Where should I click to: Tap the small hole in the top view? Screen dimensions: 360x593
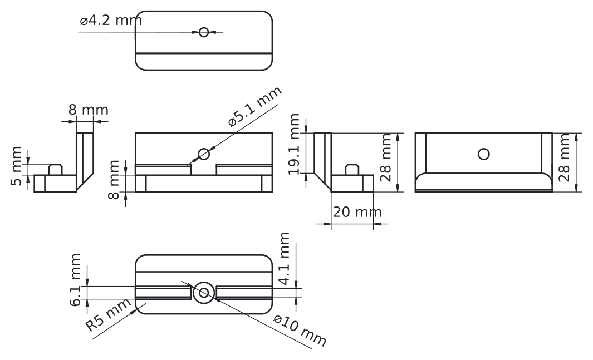point(204,32)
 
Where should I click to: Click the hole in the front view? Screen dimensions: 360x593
point(204,154)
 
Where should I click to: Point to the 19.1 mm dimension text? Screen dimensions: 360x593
point(295,144)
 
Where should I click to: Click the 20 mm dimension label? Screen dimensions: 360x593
point(357,212)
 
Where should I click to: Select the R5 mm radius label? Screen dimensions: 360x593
point(109,315)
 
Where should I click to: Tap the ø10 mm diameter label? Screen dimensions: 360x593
point(299,329)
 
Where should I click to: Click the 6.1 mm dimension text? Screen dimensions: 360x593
point(77,279)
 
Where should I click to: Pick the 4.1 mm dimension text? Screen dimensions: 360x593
point(285,260)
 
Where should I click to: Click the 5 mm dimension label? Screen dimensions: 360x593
point(18,166)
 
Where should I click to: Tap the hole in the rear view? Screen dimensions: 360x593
point(483,154)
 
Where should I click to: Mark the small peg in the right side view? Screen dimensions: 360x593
point(352,169)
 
